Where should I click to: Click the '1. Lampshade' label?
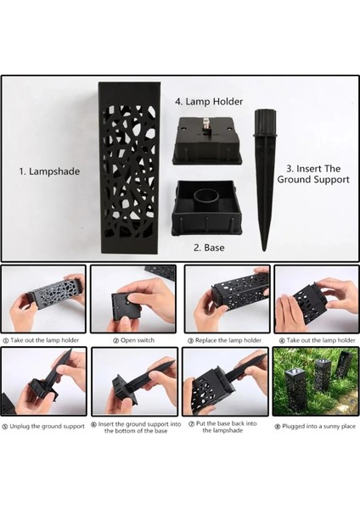pyautogui.click(x=49, y=171)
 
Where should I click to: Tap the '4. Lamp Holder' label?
pyautogui.click(x=209, y=102)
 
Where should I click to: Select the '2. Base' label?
pyautogui.click(x=209, y=248)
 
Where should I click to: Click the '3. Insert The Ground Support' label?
pyautogui.click(x=313, y=174)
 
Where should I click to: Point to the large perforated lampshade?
pyautogui.click(x=130, y=167)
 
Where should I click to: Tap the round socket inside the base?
pyautogui.click(x=206, y=198)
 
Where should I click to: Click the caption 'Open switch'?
pyautogui.click(x=134, y=340)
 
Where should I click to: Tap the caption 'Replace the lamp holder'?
pyautogui.click(x=225, y=340)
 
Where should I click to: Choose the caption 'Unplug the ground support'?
pyautogui.click(x=43, y=426)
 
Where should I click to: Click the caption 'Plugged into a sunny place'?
pyautogui.click(x=315, y=426)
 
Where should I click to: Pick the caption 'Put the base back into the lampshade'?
pyautogui.click(x=223, y=427)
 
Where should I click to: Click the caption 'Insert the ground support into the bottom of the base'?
pyautogui.click(x=136, y=428)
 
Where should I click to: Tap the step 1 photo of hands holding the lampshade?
pyautogui.click(x=44, y=299)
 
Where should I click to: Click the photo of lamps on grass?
pyautogui.click(x=316, y=382)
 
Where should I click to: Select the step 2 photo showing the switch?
pyautogui.click(x=133, y=299)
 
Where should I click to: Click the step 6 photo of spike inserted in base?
pyautogui.click(x=134, y=382)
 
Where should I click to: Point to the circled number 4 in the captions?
pyautogui.click(x=282, y=341)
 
